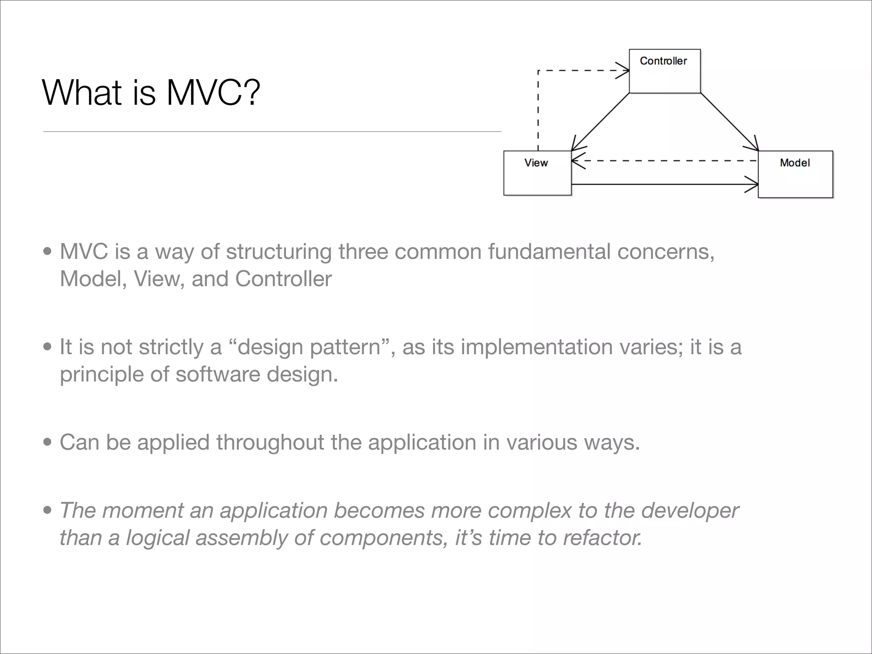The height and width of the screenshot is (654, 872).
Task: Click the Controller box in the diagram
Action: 664,71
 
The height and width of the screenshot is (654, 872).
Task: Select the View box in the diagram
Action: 537,173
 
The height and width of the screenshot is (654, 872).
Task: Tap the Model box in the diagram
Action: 795,174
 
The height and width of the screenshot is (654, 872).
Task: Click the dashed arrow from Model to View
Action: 664,161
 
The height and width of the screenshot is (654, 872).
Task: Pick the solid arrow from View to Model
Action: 664,184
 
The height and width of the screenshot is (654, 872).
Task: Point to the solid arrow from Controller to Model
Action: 729,121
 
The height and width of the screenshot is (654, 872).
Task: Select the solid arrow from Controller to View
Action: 600,122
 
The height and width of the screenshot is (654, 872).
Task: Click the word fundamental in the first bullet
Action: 549,251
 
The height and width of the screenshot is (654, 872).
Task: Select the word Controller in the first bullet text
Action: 283,279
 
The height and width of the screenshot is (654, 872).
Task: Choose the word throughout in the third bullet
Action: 270,442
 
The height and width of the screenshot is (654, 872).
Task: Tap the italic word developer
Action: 690,510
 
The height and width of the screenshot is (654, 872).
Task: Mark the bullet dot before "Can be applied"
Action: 47,443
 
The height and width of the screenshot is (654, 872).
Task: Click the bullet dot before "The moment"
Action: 47,511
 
